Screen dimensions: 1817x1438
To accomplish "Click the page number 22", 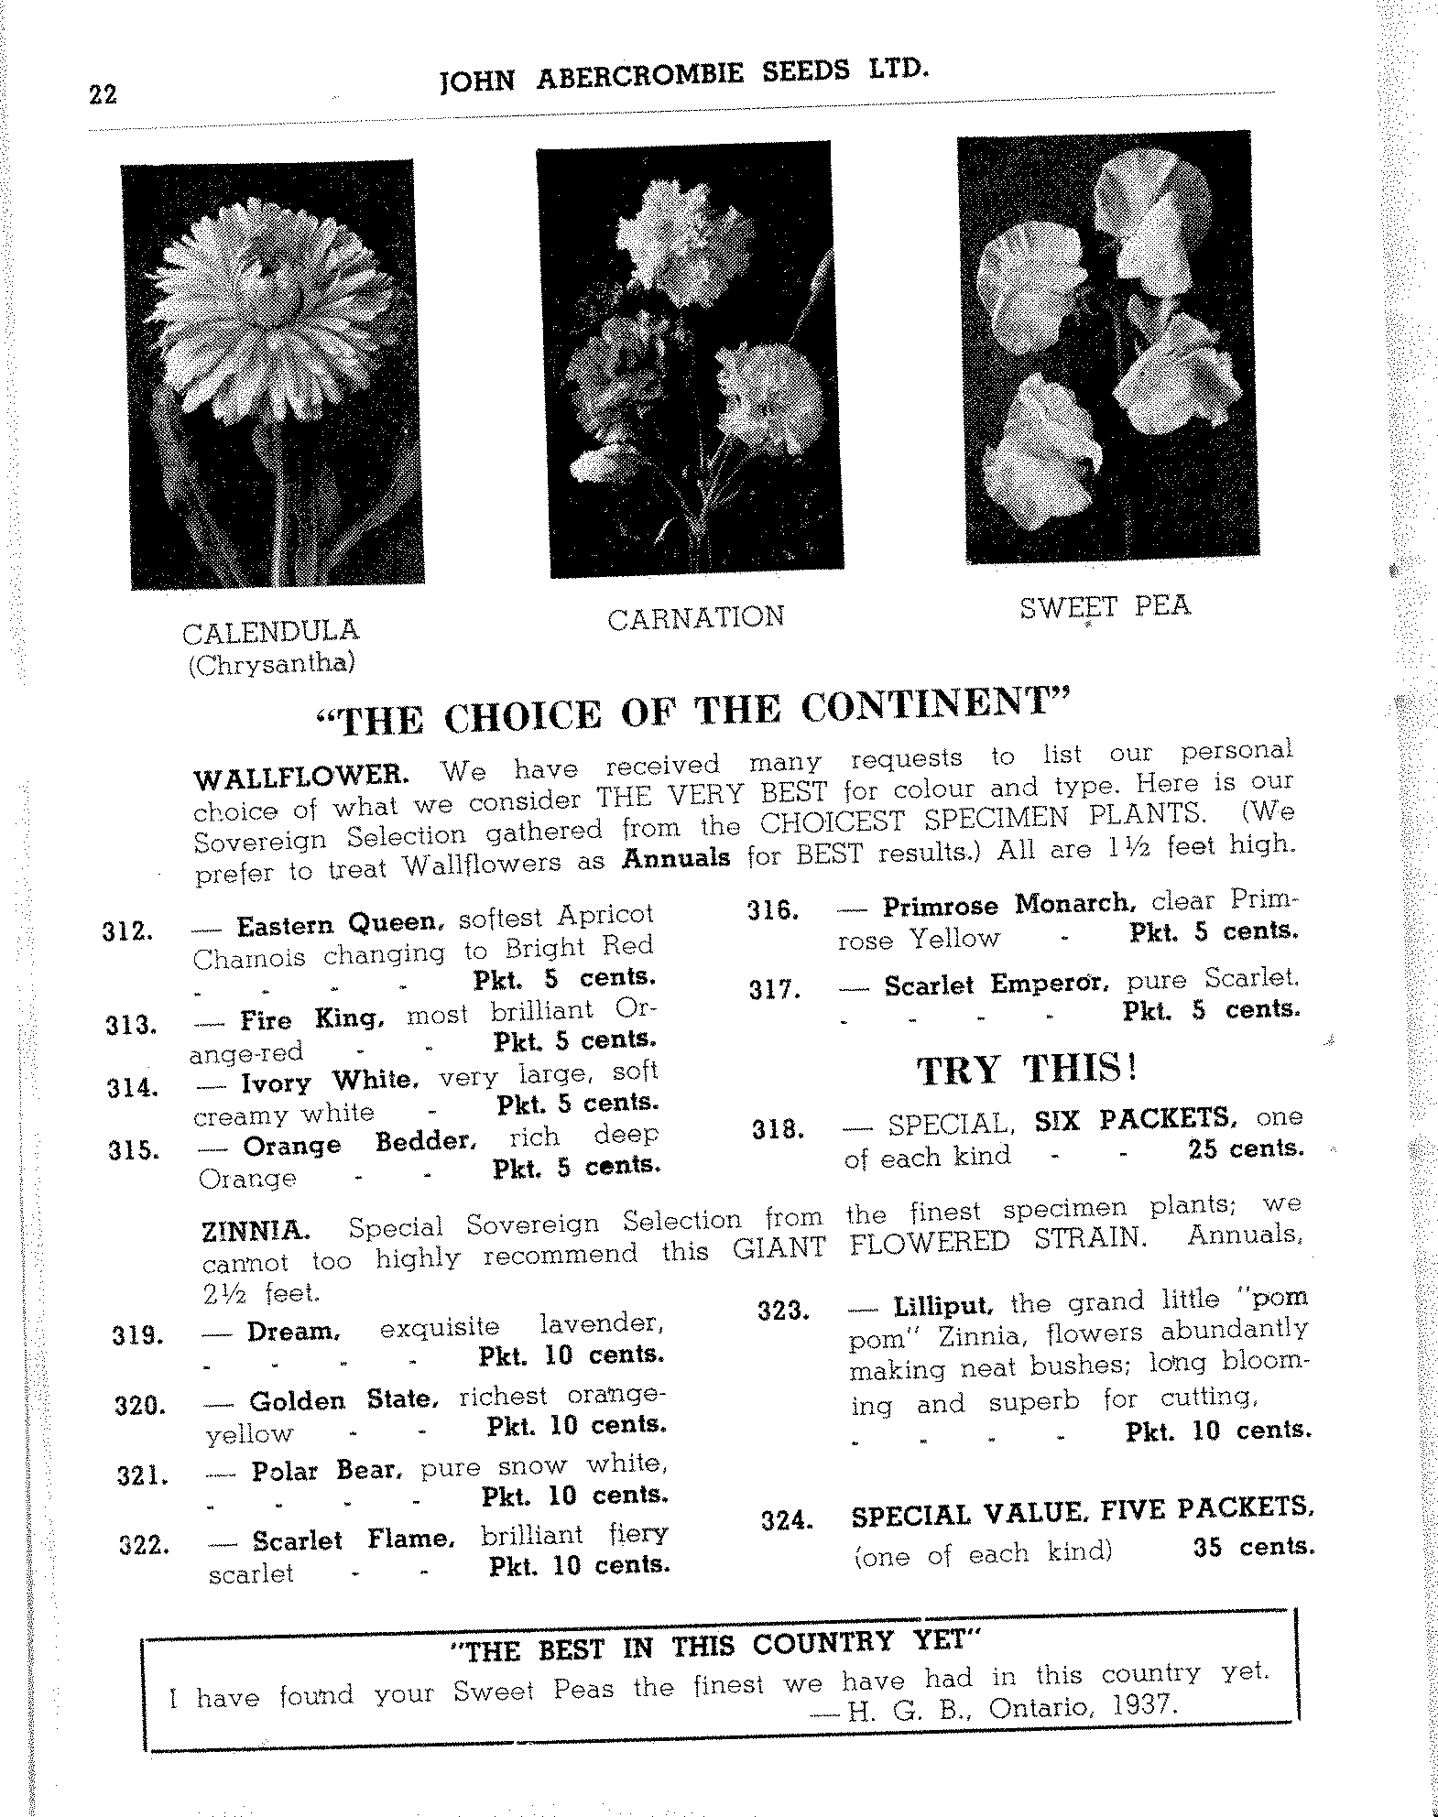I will click(x=103, y=94).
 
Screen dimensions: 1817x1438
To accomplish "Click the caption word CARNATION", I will click(x=695, y=618).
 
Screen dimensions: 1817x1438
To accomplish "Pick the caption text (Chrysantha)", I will click(x=271, y=663).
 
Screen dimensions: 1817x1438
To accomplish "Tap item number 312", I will click(x=129, y=932).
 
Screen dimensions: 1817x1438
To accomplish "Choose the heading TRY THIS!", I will click(x=1027, y=1069).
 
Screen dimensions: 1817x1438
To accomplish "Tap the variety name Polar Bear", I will click(x=325, y=1471).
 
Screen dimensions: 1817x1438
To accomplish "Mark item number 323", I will click(x=785, y=1311).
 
